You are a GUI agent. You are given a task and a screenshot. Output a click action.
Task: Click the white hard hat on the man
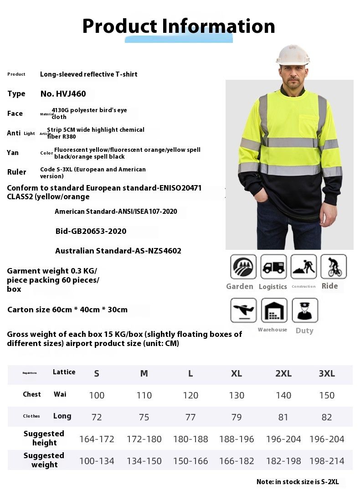click(x=293, y=55)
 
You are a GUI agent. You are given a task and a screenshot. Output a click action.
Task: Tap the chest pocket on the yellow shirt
click(x=309, y=125)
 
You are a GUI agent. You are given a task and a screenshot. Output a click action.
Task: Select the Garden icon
click(x=243, y=267)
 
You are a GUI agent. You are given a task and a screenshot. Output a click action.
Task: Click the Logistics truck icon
click(x=273, y=267)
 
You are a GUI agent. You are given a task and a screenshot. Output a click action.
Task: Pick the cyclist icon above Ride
click(x=334, y=267)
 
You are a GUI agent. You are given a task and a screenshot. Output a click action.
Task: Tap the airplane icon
click(x=243, y=310)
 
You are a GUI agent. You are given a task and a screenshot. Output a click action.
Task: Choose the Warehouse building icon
click(x=274, y=310)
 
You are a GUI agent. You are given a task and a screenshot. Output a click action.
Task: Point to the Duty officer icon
click(x=304, y=310)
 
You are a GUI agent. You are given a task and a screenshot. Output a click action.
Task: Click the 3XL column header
click(x=327, y=374)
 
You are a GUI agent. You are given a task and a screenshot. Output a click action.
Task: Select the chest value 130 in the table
click(x=237, y=396)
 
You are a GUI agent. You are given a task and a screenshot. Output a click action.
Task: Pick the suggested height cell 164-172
click(x=97, y=439)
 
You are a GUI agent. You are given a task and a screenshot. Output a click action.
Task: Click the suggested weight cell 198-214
click(x=327, y=461)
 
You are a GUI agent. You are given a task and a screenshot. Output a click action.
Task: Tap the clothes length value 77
click(x=190, y=418)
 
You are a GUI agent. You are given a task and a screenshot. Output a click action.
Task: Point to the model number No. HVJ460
click(x=63, y=94)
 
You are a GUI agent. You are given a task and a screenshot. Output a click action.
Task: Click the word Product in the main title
click(x=119, y=26)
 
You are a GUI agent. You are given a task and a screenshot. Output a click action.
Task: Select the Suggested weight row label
click(x=44, y=460)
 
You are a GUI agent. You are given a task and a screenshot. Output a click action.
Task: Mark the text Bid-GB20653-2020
click(x=91, y=231)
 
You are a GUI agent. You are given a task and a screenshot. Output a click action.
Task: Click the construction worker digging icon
click(x=303, y=267)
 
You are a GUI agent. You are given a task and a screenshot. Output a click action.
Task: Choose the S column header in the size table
click(x=97, y=374)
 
